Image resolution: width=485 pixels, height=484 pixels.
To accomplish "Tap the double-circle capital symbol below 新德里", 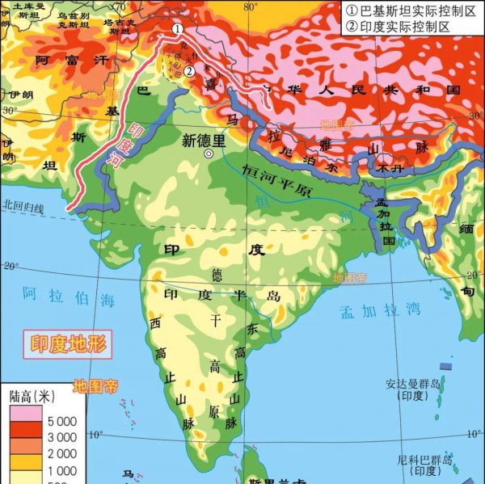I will point(209,154).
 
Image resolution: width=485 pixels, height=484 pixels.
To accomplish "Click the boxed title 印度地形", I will point(68,343).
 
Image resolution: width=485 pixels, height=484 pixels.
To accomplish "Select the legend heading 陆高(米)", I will point(32,397).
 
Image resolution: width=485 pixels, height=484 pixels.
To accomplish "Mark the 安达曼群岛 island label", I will point(415,389).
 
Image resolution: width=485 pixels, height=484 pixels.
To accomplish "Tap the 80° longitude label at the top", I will point(250,7).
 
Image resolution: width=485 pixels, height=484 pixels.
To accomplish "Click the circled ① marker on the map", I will point(177,27).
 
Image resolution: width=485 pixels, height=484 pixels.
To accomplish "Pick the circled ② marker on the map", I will point(188,71).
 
